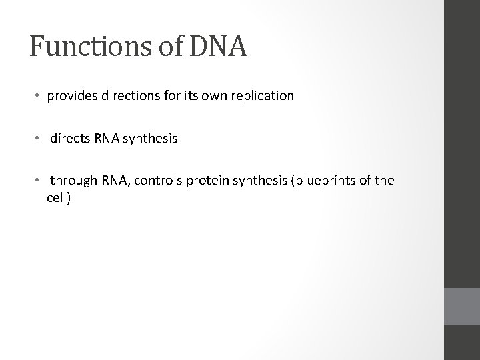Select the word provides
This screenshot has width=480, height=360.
[71, 96]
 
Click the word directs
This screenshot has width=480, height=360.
[70, 139]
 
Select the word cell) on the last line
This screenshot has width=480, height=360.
[59, 199]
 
